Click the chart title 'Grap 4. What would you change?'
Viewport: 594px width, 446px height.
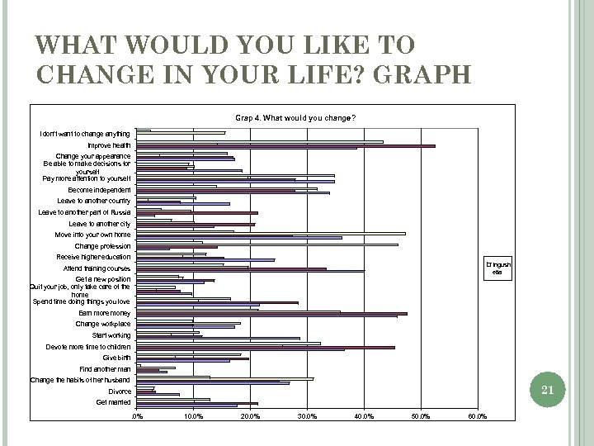click(x=295, y=117)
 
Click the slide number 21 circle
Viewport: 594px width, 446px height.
click(x=544, y=389)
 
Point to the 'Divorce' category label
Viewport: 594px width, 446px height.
click(x=120, y=391)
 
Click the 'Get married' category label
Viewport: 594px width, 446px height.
click(x=113, y=401)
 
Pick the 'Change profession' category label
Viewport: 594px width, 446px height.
click(x=102, y=246)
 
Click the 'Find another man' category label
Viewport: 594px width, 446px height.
click(x=105, y=368)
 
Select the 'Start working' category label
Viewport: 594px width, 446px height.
click(x=111, y=335)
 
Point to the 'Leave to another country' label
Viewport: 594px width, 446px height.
click(x=93, y=201)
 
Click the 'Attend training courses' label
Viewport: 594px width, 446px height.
click(x=97, y=268)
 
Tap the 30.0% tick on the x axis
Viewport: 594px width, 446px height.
click(x=307, y=415)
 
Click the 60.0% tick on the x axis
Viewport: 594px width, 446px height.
click(x=477, y=415)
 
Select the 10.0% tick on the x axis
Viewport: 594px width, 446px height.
click(x=193, y=415)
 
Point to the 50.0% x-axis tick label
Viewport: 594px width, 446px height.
click(x=420, y=415)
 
